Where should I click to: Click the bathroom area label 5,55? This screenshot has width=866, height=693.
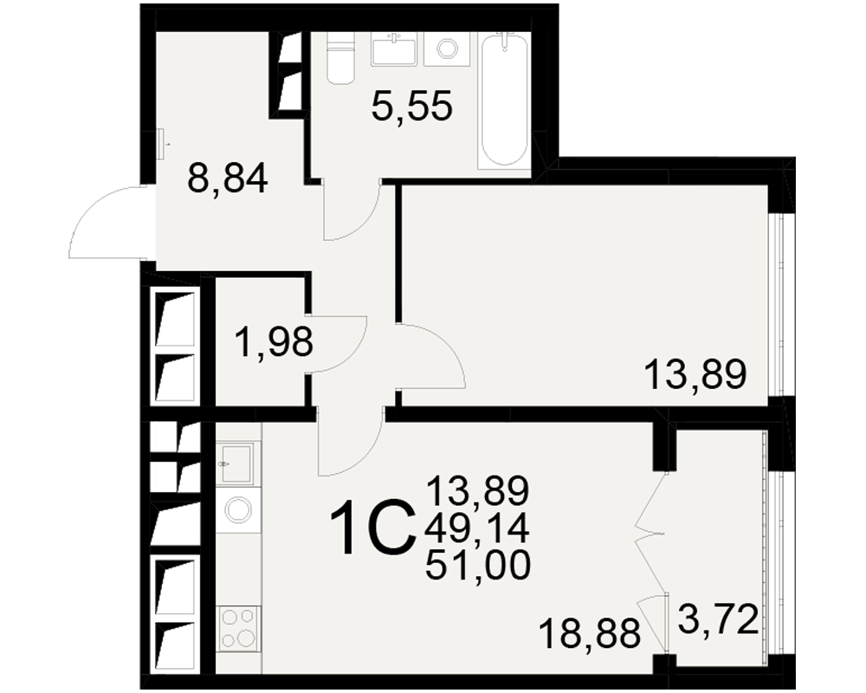click(412, 106)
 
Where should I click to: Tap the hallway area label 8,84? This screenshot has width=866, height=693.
click(228, 178)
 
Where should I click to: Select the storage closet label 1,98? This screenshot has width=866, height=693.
click(274, 341)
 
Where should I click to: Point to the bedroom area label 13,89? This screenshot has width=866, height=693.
click(695, 374)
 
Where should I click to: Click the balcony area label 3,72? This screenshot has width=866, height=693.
click(718, 620)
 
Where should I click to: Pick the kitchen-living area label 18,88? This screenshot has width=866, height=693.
click(590, 633)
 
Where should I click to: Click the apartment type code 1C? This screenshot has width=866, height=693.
click(372, 528)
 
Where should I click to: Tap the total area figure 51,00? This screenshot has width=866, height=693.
click(478, 566)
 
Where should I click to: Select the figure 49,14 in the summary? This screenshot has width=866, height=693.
click(477, 528)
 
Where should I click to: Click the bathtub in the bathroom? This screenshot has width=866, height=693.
click(504, 99)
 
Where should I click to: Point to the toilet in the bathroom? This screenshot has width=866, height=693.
click(339, 57)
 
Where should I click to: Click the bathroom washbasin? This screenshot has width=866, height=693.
click(394, 49)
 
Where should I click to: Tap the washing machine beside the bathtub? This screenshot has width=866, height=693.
click(447, 49)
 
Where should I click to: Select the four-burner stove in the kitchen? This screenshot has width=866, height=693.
click(238, 628)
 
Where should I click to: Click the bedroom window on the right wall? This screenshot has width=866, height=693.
click(779, 305)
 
